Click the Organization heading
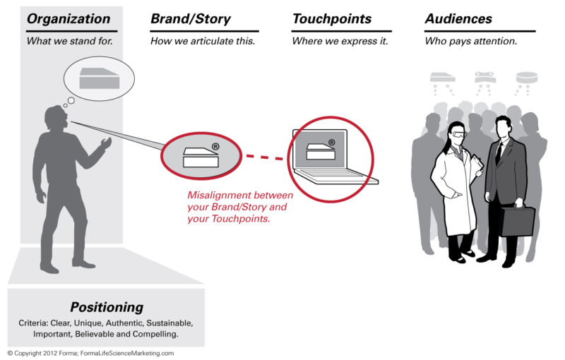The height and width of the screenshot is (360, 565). point(69,19)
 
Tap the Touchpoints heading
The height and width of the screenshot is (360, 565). point(333,19)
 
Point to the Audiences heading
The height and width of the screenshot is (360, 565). point(458,19)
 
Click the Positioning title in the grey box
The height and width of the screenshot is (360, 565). point(107,307)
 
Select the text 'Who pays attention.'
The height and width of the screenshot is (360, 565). point(471,41)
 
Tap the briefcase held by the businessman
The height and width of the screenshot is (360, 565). point(518,221)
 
